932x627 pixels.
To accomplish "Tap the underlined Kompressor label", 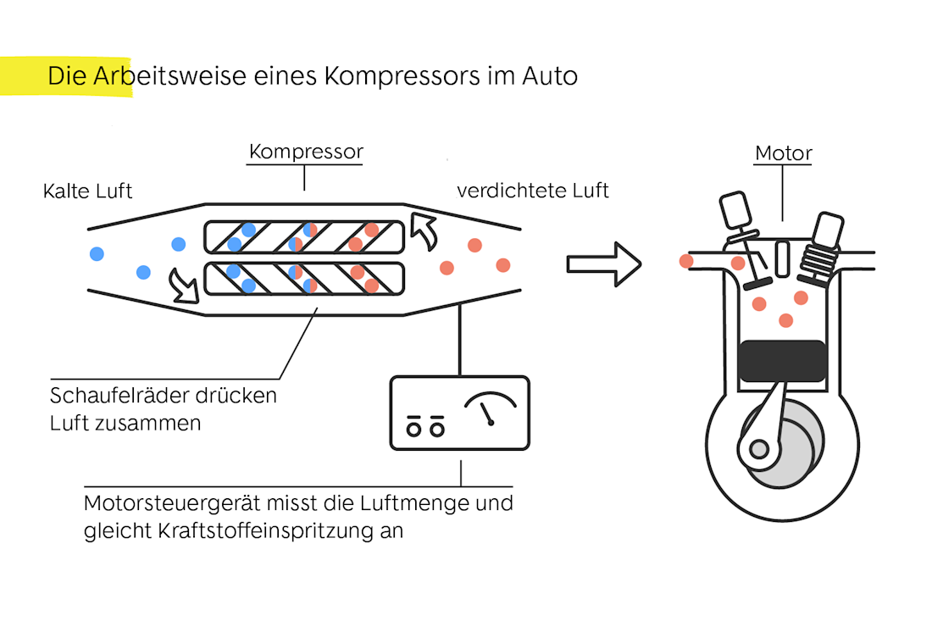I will click(306, 153).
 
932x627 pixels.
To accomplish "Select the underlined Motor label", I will click(783, 154).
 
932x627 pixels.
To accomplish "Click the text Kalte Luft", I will click(88, 191).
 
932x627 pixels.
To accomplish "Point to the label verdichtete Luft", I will click(533, 191).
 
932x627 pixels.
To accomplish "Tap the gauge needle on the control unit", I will click(487, 413).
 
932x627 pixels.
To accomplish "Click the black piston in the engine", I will click(782, 359).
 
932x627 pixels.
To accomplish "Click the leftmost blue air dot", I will click(97, 253).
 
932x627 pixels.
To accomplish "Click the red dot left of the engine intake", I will click(685, 261).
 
